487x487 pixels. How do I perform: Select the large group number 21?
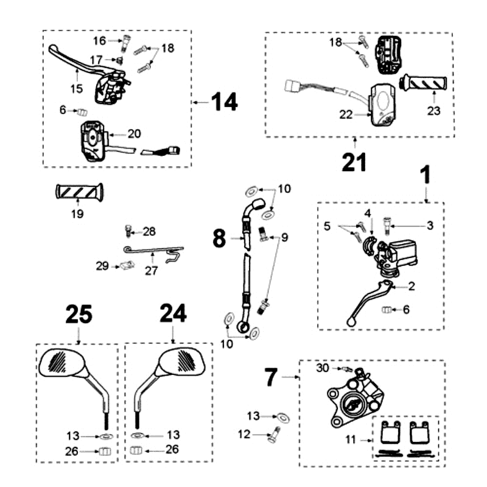point(355,162)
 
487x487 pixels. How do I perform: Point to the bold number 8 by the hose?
point(220,238)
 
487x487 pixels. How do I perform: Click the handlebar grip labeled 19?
point(79,192)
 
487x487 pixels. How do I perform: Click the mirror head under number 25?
point(63,363)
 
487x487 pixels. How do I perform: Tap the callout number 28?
point(150,231)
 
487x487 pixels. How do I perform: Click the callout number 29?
point(103,265)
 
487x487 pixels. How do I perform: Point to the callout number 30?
point(323,368)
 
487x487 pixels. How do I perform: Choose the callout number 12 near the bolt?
point(244,434)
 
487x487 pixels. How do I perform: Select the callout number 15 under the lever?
point(75,89)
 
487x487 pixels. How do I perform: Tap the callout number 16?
point(100,41)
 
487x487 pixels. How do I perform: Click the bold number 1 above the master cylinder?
point(426,175)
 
